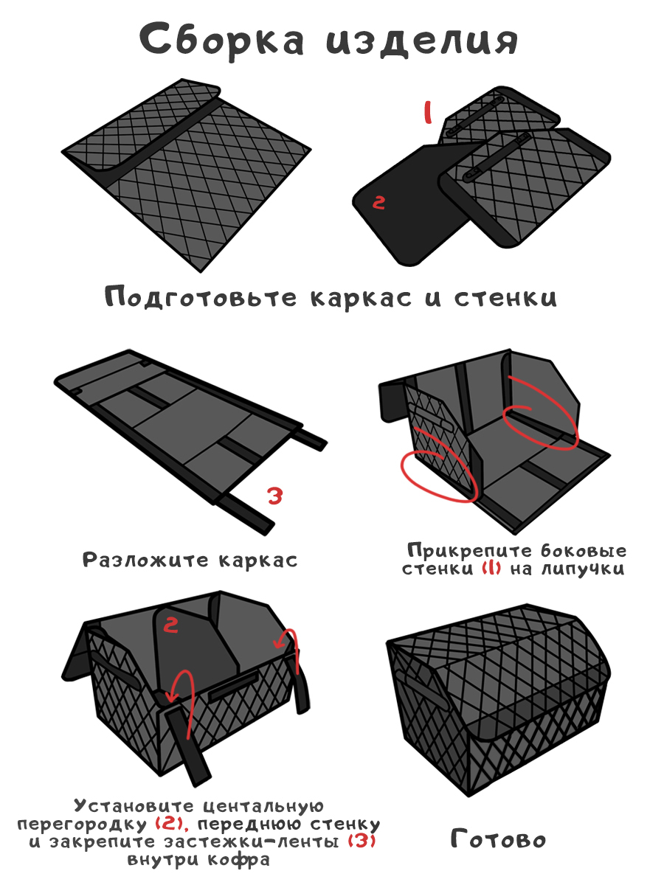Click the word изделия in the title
click(x=422, y=41)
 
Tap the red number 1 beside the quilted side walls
click(x=428, y=113)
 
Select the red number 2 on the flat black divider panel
click(x=378, y=202)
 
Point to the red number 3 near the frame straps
click(x=275, y=496)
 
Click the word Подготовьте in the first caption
click(x=201, y=298)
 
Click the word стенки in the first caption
click(x=505, y=299)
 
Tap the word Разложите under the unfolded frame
click(x=145, y=560)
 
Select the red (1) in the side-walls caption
click(x=491, y=569)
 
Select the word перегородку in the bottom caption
click(x=82, y=825)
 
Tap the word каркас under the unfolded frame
click(x=258, y=560)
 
